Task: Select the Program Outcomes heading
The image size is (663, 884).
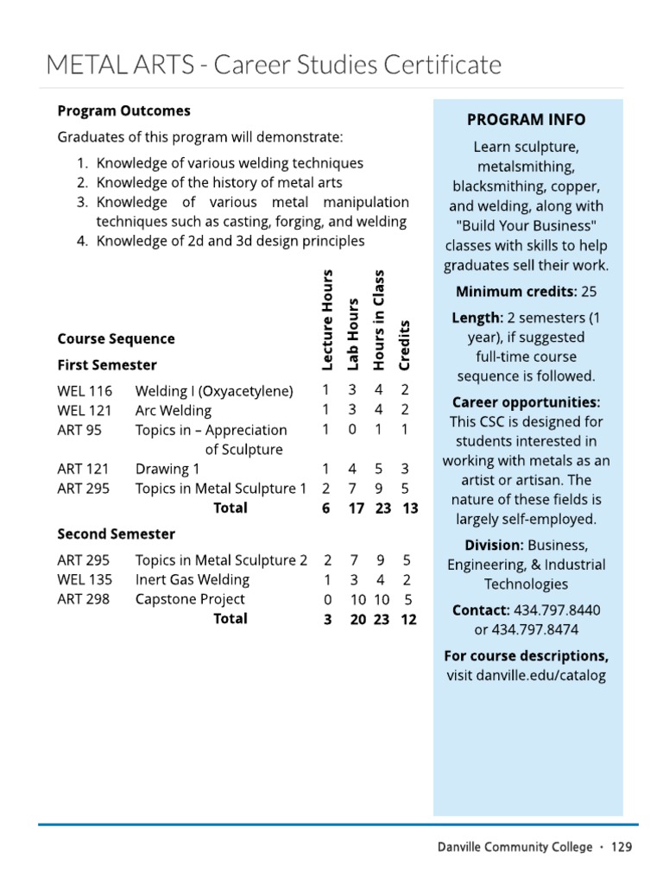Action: pos(123,111)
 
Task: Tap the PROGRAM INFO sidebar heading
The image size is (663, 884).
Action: pos(526,120)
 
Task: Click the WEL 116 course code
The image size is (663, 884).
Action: pos(85,391)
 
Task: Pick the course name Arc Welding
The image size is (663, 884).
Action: pos(173,411)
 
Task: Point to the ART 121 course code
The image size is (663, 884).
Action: pos(83,469)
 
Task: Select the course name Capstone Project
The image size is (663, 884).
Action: pos(190,599)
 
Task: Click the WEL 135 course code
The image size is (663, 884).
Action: pos(85,580)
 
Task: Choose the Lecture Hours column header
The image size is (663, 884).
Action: pos(326,319)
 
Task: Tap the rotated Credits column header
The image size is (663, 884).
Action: pos(405,344)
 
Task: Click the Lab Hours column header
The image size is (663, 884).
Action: pos(352,334)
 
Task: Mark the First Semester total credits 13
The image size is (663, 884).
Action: pos(409,508)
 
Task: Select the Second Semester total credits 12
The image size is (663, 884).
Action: pos(408,619)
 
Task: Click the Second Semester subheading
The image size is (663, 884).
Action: pos(116,534)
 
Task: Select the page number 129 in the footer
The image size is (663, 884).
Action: pos(622,847)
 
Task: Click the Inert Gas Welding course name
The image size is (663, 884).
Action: pos(193,580)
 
